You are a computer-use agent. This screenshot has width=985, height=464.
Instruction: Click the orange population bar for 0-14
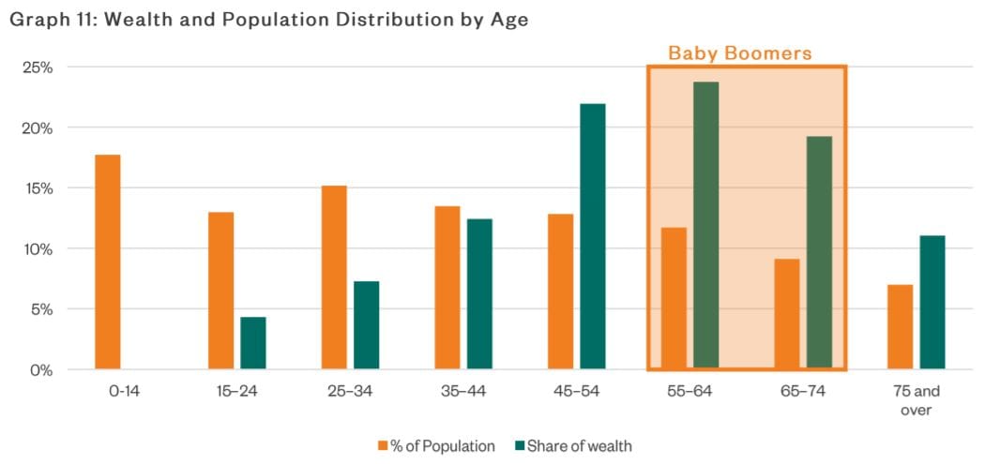click(x=108, y=262)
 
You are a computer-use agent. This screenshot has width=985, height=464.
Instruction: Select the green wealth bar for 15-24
click(x=253, y=343)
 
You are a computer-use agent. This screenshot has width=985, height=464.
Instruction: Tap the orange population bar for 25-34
click(x=334, y=277)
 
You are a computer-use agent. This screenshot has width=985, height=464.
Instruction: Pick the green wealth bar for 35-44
click(x=479, y=293)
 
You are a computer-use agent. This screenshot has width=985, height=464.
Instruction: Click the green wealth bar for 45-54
click(x=593, y=236)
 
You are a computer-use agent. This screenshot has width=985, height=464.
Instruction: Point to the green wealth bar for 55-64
click(x=705, y=225)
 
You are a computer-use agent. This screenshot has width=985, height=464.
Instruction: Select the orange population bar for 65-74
click(x=787, y=314)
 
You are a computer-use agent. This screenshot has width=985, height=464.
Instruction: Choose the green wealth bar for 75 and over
click(x=932, y=302)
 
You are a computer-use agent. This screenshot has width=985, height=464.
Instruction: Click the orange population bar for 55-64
click(x=674, y=298)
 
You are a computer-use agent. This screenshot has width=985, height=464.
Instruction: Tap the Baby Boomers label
click(x=739, y=53)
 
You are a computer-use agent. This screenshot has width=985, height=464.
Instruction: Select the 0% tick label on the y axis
click(x=39, y=370)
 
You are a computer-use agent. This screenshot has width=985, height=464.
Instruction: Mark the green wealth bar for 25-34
click(x=366, y=325)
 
